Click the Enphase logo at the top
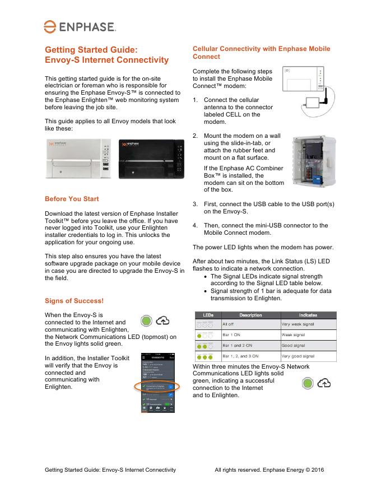pyautogui.click(x=80, y=26)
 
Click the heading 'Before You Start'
pyautogui.click(x=72, y=199)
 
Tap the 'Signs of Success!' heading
pyautogui.click(x=74, y=301)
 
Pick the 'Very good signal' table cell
pyautogui.click(x=308, y=356)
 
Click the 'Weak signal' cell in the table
pyautogui.click(x=308, y=334)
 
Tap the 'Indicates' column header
pyautogui.click(x=308, y=315)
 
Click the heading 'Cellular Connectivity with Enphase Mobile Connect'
pyautogui.click(x=261, y=53)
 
